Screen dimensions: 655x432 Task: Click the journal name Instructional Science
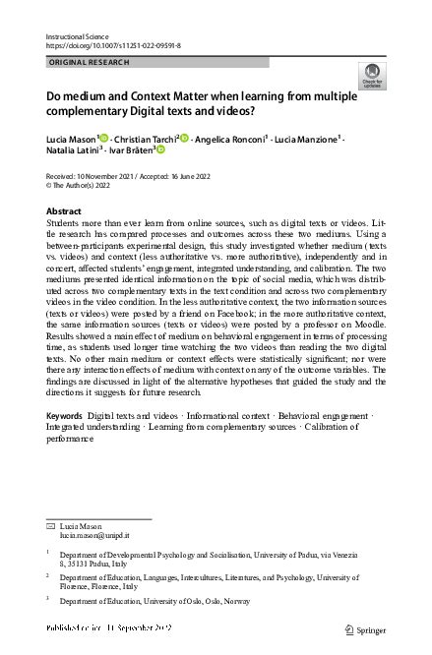[x=75, y=35]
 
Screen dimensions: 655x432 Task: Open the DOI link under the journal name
[x=100, y=44]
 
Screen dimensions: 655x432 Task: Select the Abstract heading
[x=64, y=211]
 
